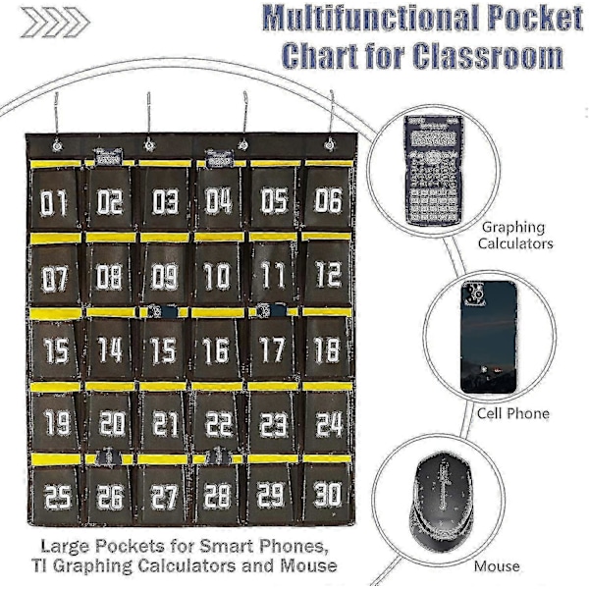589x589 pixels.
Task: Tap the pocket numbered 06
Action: [328, 202]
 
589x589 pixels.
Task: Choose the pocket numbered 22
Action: [218, 424]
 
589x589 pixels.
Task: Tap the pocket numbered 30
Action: [328, 494]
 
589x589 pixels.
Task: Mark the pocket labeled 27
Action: [165, 497]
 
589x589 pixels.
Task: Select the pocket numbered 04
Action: [218, 203]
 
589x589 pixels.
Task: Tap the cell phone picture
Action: [487, 335]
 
